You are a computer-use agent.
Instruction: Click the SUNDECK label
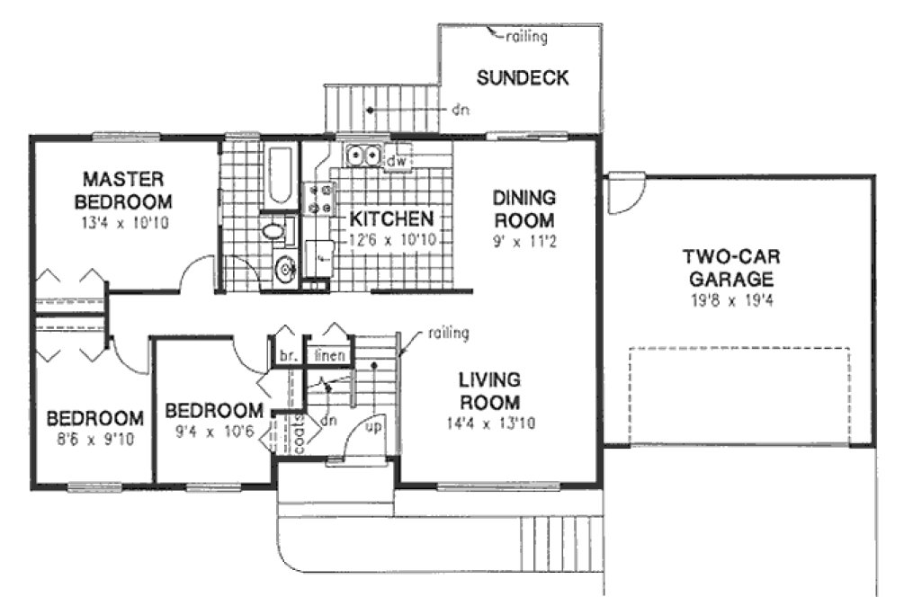pos(522,78)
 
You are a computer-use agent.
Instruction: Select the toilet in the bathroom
pos(273,231)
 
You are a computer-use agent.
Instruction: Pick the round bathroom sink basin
pos(285,269)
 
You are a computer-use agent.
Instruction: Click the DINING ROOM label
pos(524,208)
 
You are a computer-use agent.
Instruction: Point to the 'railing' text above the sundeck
pos(525,37)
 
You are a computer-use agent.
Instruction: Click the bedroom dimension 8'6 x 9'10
pos(94,441)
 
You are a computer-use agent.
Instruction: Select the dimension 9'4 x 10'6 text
pos(214,431)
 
